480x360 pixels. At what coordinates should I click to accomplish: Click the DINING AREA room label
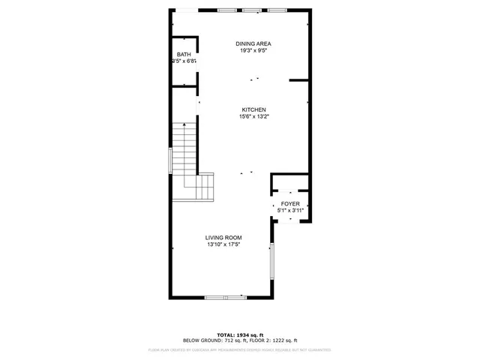(x=253, y=44)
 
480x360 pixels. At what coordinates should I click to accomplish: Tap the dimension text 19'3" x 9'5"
(x=253, y=51)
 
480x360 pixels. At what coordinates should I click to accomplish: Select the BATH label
(x=184, y=55)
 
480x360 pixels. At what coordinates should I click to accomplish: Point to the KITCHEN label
(x=253, y=109)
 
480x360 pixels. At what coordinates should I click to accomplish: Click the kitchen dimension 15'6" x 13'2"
(x=253, y=116)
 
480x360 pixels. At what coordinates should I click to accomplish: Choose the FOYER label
(x=290, y=204)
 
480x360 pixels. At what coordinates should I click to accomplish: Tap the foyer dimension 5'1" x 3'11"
(x=290, y=211)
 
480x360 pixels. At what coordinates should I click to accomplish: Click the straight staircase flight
(x=184, y=147)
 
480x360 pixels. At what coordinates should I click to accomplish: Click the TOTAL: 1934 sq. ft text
(x=241, y=334)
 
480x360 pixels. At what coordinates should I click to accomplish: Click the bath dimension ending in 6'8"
(x=184, y=61)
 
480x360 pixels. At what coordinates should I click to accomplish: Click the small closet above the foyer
(x=289, y=184)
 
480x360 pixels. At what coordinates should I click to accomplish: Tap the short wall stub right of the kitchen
(x=299, y=79)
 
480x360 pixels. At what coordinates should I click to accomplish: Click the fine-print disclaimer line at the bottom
(x=240, y=349)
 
